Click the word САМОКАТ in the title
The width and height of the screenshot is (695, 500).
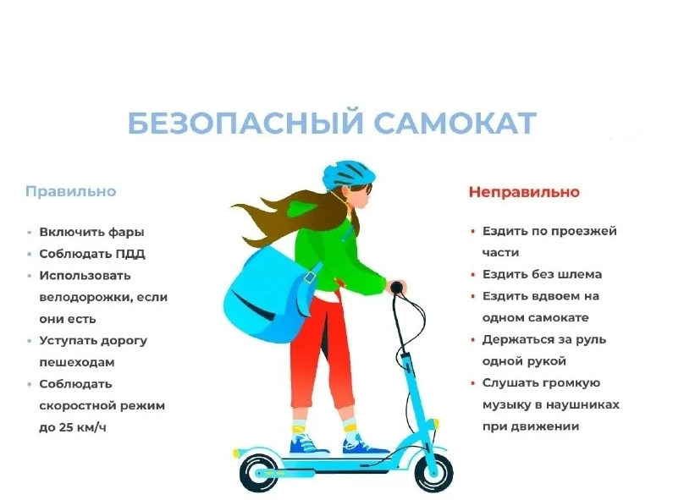click(x=455, y=123)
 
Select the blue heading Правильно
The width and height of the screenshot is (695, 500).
click(x=71, y=191)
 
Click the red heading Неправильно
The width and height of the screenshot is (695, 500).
click(x=524, y=192)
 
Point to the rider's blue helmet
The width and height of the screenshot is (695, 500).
click(x=349, y=173)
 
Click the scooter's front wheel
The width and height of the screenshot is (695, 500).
click(x=433, y=472)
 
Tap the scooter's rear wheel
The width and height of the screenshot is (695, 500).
click(x=259, y=473)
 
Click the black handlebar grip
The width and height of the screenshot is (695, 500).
click(x=397, y=288)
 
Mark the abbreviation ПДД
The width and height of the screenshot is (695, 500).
click(x=130, y=254)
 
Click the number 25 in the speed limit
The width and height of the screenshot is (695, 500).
click(x=67, y=427)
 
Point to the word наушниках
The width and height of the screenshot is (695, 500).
click(x=582, y=404)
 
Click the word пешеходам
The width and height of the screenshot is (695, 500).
click(x=77, y=363)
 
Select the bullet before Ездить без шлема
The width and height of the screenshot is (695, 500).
click(x=473, y=275)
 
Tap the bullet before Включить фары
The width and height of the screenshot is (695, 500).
click(x=30, y=233)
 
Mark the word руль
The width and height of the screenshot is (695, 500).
click(x=591, y=340)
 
